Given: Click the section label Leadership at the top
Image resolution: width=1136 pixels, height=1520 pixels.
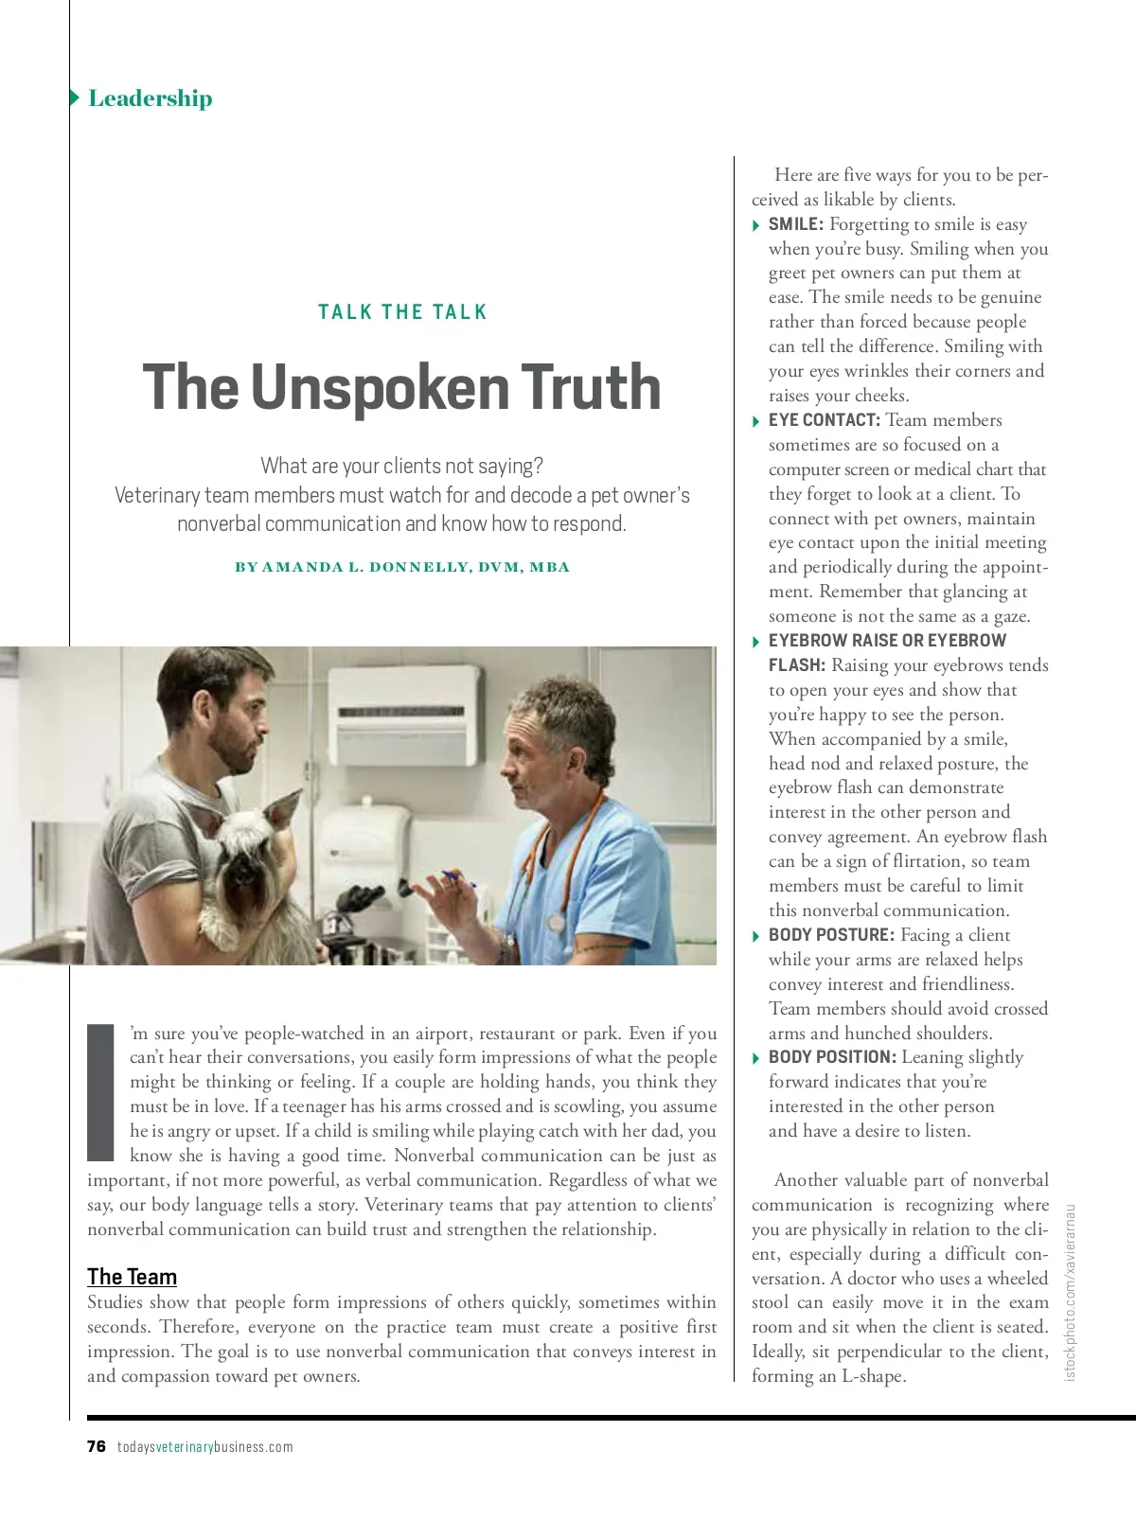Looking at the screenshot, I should (150, 98).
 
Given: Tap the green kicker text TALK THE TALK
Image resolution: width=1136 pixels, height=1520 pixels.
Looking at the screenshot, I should (402, 312).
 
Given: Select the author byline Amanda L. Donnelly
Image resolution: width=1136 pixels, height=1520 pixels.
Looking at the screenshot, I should (402, 567).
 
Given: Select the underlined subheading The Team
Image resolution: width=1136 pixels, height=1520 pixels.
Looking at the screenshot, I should (132, 1277).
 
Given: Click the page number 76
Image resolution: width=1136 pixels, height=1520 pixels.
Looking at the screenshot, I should (97, 1446).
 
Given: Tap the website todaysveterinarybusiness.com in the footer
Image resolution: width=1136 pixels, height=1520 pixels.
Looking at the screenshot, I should (205, 1446).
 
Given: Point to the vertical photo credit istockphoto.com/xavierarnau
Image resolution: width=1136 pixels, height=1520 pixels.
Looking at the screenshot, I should (1071, 1292).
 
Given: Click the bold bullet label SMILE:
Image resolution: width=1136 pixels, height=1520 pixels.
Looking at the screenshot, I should (795, 224).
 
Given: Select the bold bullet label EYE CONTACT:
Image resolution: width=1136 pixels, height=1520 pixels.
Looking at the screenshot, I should (824, 420).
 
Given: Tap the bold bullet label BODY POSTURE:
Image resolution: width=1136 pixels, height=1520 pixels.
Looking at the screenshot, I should (831, 935).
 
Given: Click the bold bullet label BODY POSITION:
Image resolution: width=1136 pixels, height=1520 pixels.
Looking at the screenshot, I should (832, 1057).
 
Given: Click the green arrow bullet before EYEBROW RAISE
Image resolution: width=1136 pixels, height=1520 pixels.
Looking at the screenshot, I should (755, 643).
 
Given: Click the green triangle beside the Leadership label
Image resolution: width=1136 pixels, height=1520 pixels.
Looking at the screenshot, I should (75, 97).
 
